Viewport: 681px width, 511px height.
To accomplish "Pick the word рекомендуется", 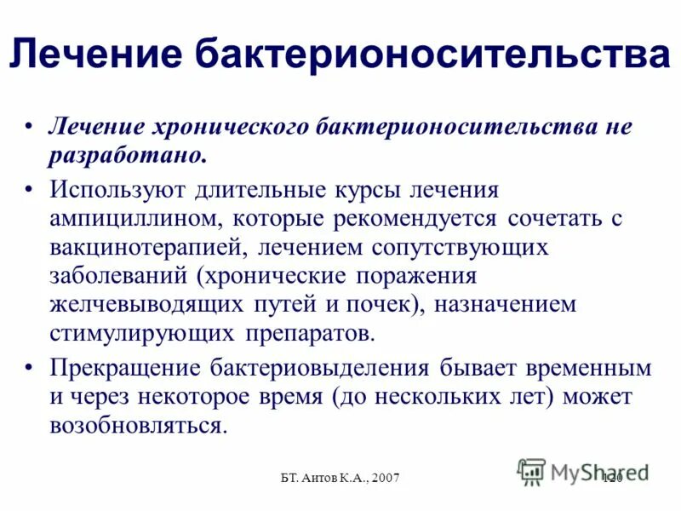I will click(x=410, y=218).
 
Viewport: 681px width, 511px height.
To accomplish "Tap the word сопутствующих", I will click(x=461, y=247).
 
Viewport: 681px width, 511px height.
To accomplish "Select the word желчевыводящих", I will click(x=145, y=304).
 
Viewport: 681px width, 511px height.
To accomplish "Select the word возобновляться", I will click(x=138, y=425).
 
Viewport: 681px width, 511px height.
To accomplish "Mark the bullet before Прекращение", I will click(x=31, y=369).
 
